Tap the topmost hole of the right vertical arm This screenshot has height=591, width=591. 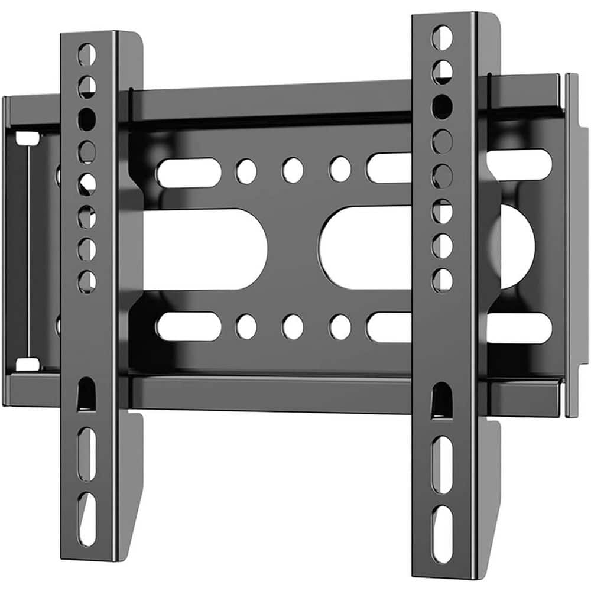coord(442,37)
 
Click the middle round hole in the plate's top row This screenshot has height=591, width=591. coord(293,170)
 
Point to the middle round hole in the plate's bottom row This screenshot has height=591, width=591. coord(293,326)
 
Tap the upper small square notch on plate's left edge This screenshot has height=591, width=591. coord(27,138)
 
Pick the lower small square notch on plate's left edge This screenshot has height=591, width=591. coord(27,363)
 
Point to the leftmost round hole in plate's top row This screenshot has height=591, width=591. coord(246,170)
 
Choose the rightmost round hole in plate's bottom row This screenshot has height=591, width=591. coord(340,326)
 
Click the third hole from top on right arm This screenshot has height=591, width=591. coord(442,106)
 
